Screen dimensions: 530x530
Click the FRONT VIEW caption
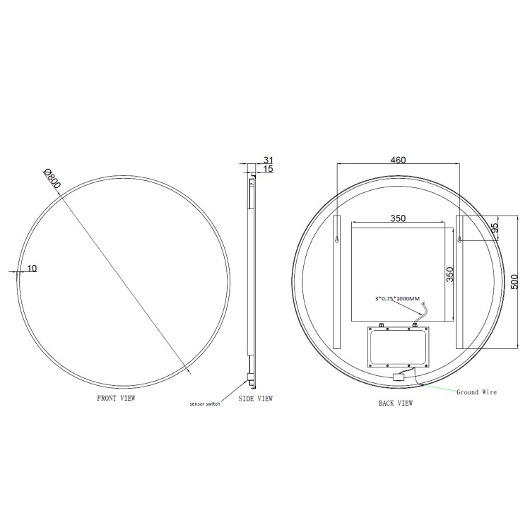click(116, 399)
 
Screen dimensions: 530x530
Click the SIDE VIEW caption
click(255, 399)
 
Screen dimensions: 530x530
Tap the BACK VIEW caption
click(396, 404)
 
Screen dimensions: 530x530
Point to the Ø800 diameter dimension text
click(52, 177)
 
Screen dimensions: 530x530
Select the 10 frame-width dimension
click(32, 268)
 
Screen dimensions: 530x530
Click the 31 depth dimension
click(268, 160)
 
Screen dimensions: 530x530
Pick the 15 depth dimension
click(268, 169)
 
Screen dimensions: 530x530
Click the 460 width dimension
click(398, 160)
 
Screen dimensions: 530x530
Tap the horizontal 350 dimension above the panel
click(398, 219)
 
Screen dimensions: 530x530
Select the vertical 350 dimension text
click(449, 274)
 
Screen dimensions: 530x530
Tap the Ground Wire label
click(477, 391)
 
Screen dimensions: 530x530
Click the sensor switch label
click(205, 404)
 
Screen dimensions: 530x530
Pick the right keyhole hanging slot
click(461, 240)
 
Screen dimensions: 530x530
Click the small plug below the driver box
click(398, 377)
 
